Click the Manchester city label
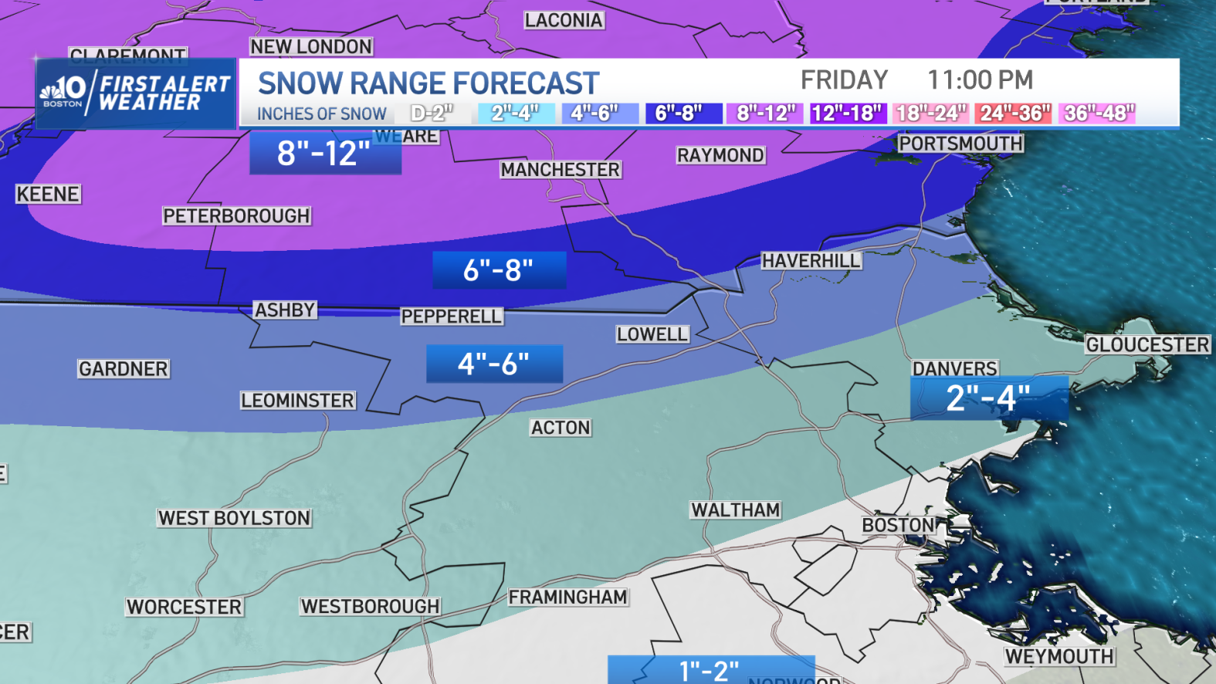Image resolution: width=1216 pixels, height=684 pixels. (560, 170)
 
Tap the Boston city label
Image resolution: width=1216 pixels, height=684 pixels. (898, 526)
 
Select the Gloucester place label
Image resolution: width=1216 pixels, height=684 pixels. (1147, 345)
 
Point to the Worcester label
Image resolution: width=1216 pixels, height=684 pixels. (185, 608)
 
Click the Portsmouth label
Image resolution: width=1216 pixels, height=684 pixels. (960, 144)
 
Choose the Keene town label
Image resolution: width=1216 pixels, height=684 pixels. (48, 195)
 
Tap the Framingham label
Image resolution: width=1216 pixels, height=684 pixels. (567, 598)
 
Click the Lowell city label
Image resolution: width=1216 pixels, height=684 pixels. (652, 334)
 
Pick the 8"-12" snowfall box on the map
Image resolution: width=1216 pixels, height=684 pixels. (325, 153)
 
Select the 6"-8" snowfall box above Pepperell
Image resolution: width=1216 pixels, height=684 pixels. (499, 270)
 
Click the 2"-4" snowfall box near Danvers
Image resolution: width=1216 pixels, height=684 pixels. (989, 399)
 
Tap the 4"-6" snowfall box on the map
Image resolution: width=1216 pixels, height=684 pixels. (494, 364)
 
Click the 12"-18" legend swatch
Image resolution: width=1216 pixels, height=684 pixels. (846, 113)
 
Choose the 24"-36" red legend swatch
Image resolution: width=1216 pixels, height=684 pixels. (1014, 113)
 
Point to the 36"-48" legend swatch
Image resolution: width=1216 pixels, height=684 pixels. (1097, 113)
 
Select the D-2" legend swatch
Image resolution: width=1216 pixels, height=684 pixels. (432, 113)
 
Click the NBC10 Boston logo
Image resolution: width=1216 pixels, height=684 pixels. (63, 91)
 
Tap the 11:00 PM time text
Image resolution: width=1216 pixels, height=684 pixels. (980, 80)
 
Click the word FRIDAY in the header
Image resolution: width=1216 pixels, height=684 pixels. (844, 80)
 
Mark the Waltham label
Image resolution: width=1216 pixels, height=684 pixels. (735, 510)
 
